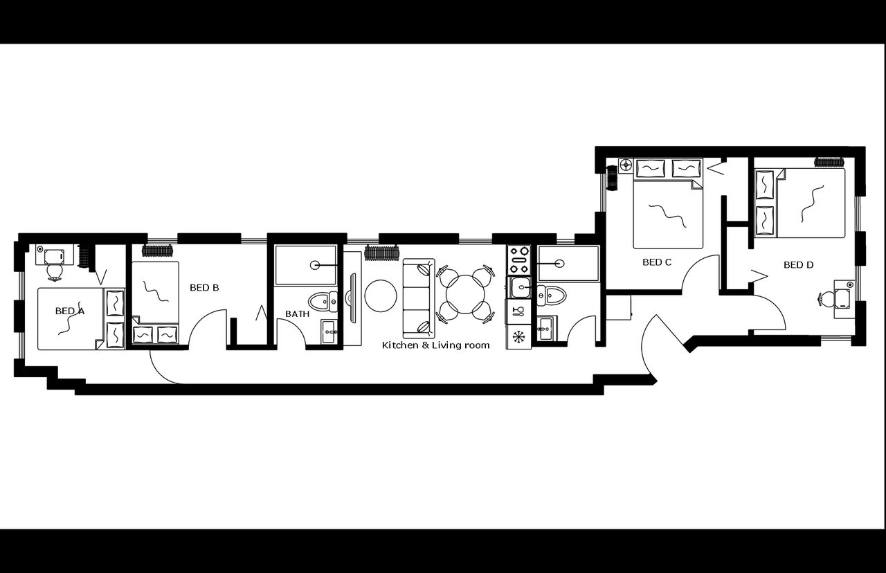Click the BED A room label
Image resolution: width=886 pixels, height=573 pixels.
[69, 311]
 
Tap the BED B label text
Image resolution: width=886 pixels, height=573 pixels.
[204, 287]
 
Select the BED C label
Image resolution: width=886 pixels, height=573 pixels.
[657, 262]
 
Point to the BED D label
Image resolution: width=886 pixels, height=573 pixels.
[798, 265]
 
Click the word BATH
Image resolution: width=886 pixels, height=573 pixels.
[298, 314]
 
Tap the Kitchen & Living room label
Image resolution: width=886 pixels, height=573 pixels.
[436, 345]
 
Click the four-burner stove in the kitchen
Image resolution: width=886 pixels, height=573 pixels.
[518, 260]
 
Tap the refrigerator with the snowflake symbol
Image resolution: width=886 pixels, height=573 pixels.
[518, 337]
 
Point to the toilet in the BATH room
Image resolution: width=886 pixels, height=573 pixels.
[321, 301]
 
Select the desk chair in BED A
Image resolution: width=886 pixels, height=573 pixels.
[54, 258]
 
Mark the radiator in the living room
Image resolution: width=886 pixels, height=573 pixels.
[383, 251]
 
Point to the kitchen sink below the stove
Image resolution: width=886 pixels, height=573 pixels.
[518, 286]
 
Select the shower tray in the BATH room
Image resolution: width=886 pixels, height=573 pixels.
[305, 264]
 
